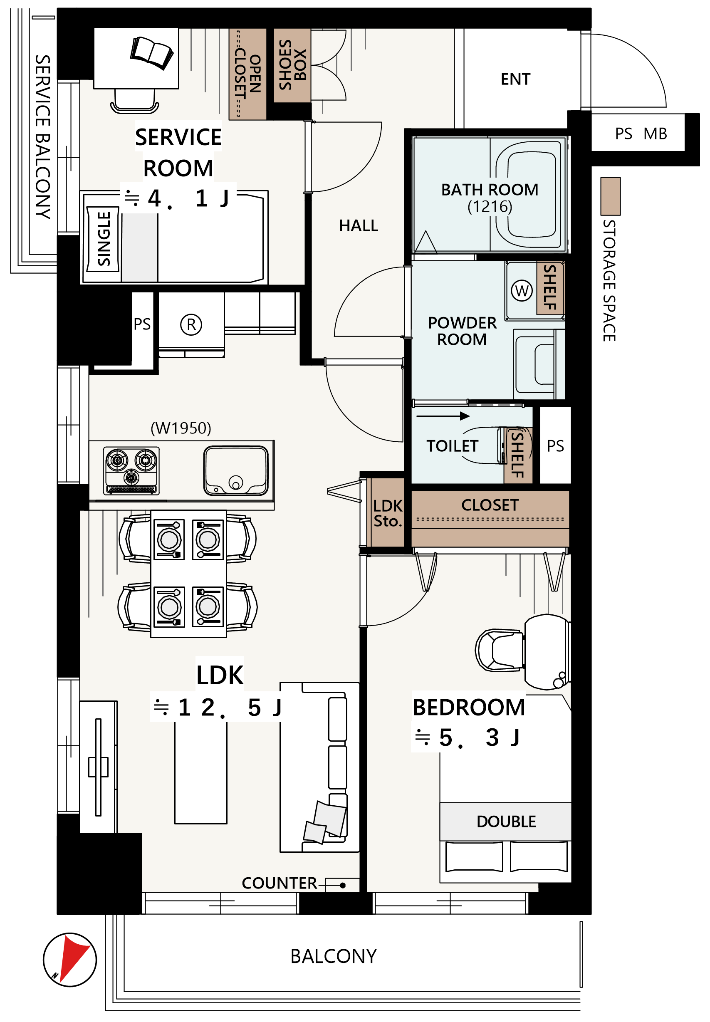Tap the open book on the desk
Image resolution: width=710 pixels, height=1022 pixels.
coord(152,53)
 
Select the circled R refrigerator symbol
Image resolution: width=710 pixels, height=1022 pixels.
coord(191,324)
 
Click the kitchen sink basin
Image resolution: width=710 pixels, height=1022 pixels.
coord(236,471)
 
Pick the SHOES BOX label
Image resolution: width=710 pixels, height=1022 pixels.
coord(292,65)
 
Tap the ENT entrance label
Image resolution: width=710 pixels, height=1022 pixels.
coord(515,79)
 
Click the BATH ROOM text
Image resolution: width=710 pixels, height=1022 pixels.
coord(490,190)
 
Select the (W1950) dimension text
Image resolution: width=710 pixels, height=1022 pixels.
coord(181,428)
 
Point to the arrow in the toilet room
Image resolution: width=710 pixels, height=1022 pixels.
coord(443,416)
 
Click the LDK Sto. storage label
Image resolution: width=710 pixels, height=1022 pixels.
coord(388,513)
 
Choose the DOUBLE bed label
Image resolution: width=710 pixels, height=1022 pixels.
coord(506,822)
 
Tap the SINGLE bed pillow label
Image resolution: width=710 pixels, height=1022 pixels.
coord(103,239)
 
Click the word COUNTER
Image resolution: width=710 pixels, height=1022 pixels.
coord(280,883)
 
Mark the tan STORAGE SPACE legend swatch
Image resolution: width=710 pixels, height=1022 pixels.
coord(610,196)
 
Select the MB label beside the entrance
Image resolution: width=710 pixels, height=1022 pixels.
coord(655,134)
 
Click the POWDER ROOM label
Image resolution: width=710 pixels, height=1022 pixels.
coord(462,331)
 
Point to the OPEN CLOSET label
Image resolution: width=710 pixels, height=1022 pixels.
coord(247,74)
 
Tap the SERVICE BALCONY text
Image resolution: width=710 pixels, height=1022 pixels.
coord(43,136)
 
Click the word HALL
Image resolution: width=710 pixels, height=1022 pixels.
coord(359,225)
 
